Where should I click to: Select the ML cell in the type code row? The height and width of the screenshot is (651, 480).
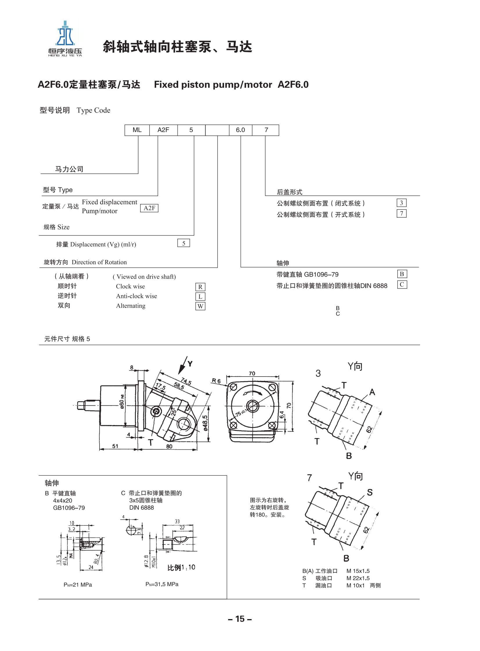click(137, 130)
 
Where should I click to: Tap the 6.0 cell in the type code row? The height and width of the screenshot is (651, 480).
click(240, 130)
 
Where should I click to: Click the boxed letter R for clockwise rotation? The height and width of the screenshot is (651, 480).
click(200, 287)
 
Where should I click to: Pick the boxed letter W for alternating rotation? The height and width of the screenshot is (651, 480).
click(200, 306)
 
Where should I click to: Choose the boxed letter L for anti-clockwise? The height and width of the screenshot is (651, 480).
click(200, 296)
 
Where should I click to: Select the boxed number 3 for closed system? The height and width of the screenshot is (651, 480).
click(402, 203)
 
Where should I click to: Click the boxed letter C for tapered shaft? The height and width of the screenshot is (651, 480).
click(402, 284)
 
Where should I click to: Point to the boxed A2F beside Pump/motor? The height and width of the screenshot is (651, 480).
click(149, 208)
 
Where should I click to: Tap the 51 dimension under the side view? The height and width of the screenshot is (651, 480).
click(115, 446)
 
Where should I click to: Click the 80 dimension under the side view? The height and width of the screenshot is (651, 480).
click(169, 446)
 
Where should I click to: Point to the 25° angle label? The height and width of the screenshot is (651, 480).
click(174, 412)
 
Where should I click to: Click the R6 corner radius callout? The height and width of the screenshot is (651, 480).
click(216, 381)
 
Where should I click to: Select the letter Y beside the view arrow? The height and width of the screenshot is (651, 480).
click(190, 364)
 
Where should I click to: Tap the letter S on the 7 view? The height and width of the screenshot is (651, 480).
click(370, 492)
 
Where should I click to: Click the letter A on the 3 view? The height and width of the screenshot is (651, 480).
click(372, 392)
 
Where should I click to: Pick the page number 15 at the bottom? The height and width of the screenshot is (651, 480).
click(240, 619)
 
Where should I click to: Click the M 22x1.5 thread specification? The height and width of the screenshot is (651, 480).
click(358, 578)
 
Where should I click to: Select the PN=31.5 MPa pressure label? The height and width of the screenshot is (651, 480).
click(162, 584)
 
